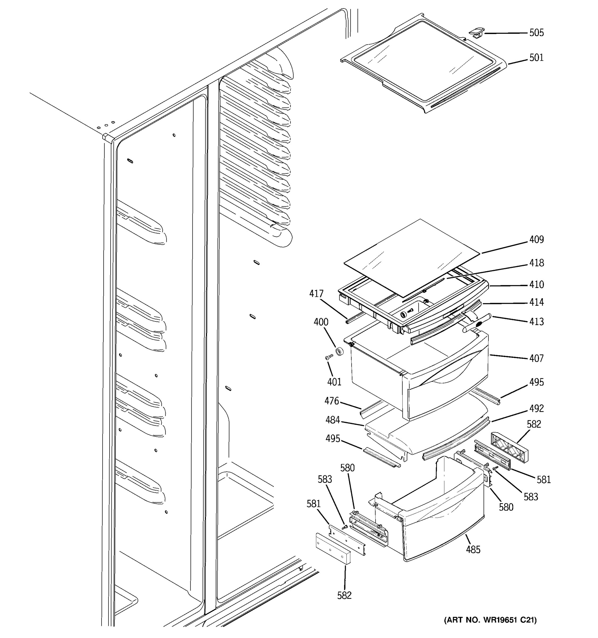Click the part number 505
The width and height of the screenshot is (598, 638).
[536, 33]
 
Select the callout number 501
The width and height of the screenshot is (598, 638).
[536, 58]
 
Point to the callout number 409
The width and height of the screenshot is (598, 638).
[536, 240]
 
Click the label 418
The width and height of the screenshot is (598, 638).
[536, 263]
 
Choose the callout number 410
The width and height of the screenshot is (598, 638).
[536, 285]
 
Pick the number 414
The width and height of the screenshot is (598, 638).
[536, 302]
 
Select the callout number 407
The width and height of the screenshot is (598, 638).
[536, 358]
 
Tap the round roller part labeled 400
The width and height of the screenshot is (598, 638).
[339, 351]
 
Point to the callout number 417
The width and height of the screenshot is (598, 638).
[316, 294]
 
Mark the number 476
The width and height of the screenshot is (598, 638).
[332, 401]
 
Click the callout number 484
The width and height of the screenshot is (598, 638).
[332, 420]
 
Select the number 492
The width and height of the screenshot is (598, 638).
[536, 409]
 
